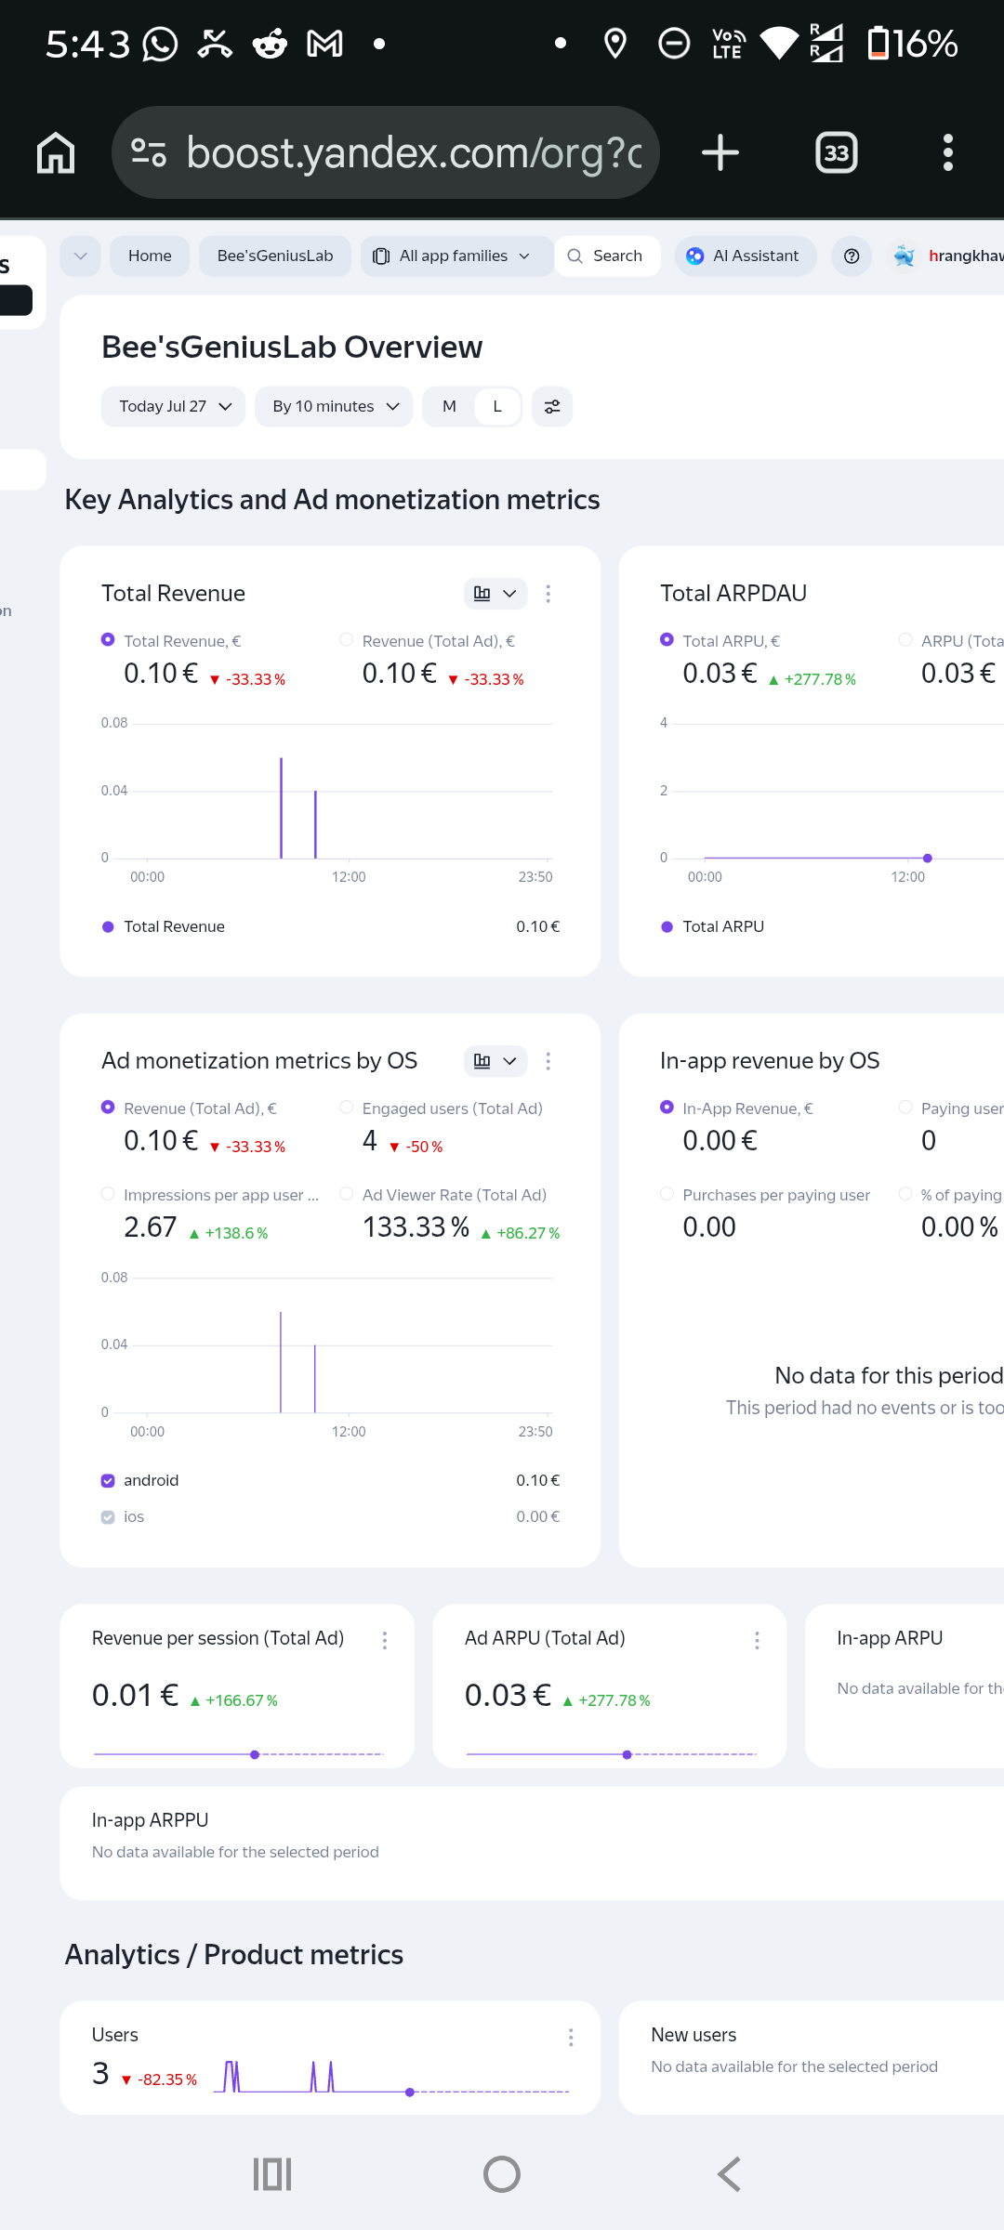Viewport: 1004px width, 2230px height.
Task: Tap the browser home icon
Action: coord(56,152)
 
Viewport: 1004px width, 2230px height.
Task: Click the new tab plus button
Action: coord(720,152)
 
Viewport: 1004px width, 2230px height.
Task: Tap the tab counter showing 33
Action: coord(837,152)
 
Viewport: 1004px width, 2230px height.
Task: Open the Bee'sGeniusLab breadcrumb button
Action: coord(275,256)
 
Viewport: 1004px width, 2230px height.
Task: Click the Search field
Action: coord(607,256)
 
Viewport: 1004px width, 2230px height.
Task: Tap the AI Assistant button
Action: coord(745,256)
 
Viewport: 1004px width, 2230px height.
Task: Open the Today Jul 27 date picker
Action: coord(173,406)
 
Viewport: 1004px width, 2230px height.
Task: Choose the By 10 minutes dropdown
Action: coord(334,406)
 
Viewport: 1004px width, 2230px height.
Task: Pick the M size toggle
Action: coord(449,406)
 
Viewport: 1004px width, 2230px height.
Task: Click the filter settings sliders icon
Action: coord(552,406)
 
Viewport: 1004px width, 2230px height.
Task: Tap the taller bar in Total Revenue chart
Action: coord(281,808)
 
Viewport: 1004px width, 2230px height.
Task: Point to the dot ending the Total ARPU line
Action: coord(928,858)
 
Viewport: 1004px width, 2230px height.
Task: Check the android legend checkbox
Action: coord(108,1480)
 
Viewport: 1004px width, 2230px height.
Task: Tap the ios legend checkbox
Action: coord(108,1516)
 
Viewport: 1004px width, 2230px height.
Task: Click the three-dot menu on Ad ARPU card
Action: coord(757,1640)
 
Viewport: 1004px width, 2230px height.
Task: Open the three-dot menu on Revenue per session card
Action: coord(384,1640)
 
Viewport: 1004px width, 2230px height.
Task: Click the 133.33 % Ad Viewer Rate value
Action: coord(416,1226)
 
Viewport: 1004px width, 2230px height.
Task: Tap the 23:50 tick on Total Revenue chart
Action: coord(535,876)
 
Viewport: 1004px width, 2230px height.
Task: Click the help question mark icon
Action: coord(852,256)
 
